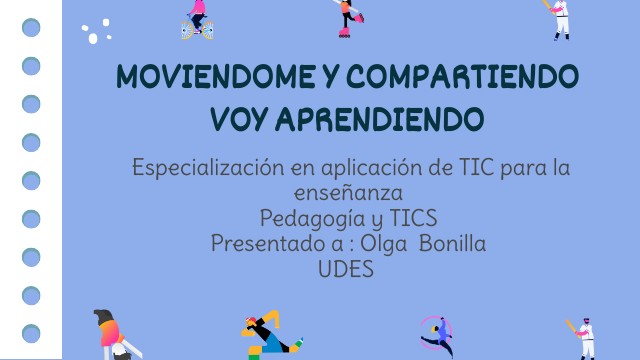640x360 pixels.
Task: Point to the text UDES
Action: click(x=347, y=268)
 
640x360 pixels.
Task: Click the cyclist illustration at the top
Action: click(x=196, y=18)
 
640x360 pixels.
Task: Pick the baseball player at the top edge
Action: click(x=560, y=18)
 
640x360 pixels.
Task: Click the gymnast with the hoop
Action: click(x=436, y=336)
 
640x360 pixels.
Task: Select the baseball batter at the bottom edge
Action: click(x=583, y=338)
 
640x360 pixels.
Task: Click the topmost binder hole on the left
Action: click(x=31, y=28)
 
